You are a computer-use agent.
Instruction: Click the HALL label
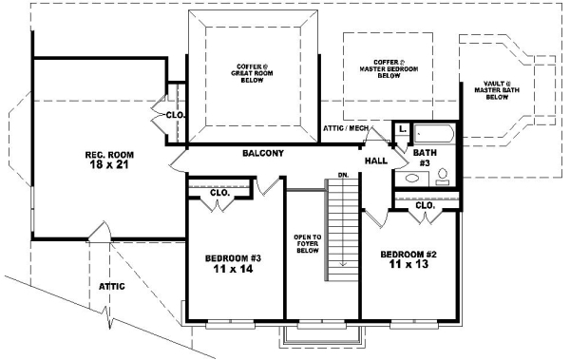pos(376,161)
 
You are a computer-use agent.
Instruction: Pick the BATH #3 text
pos(424,157)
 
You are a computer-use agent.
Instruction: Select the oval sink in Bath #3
pos(410,179)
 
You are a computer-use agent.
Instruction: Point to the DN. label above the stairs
pos(343,177)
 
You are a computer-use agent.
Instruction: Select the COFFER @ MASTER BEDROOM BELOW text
pos(388,69)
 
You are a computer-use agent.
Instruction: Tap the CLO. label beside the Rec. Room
pos(175,115)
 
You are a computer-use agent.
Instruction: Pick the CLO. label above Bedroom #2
pos(425,205)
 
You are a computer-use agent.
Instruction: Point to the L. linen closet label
pos(403,127)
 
